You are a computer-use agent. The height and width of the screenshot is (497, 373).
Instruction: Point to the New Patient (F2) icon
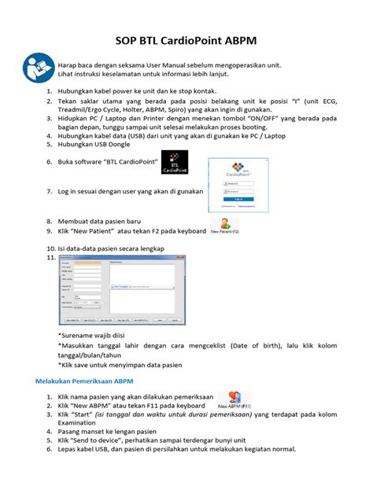(226, 228)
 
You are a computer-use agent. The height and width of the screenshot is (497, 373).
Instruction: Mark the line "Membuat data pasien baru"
(108, 222)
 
